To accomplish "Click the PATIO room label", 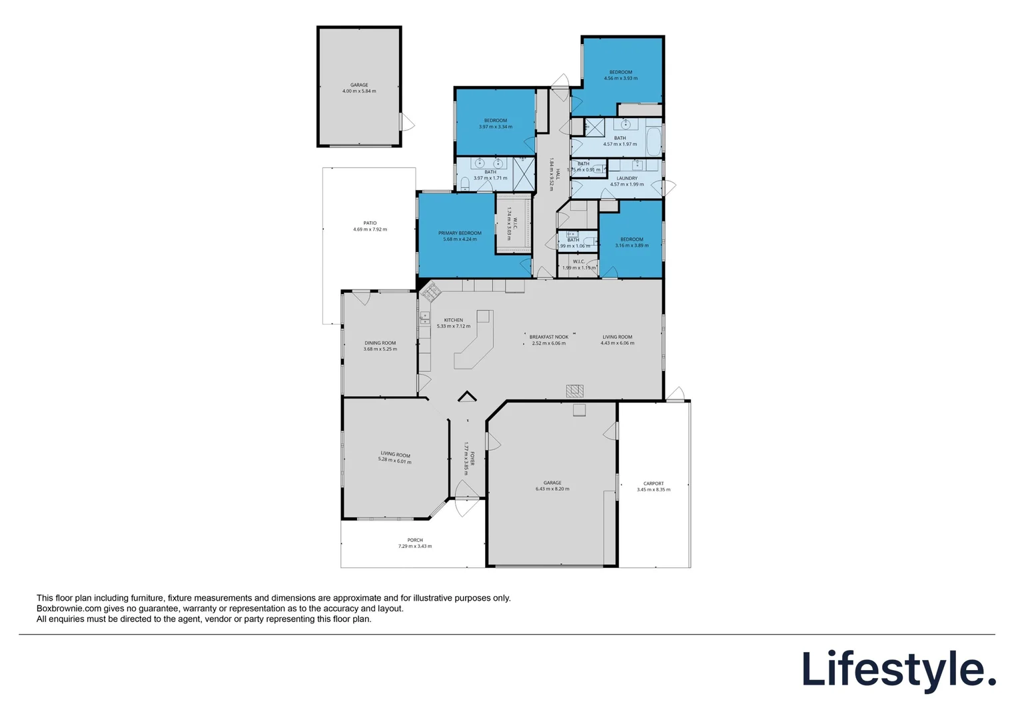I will click(x=370, y=223).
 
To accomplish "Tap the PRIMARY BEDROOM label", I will click(x=460, y=233).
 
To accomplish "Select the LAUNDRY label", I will click(x=627, y=179).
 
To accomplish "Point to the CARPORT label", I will click(x=654, y=484).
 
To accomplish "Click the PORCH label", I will click(x=415, y=541).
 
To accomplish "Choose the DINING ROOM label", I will click(x=380, y=343).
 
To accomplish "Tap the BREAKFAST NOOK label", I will click(x=549, y=337).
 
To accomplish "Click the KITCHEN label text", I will click(x=454, y=321).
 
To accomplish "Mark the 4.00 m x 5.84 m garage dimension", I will click(x=359, y=91).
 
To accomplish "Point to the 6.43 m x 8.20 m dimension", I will click(x=552, y=489).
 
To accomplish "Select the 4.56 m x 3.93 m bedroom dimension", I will click(x=621, y=79).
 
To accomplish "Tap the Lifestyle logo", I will click(x=898, y=670).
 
